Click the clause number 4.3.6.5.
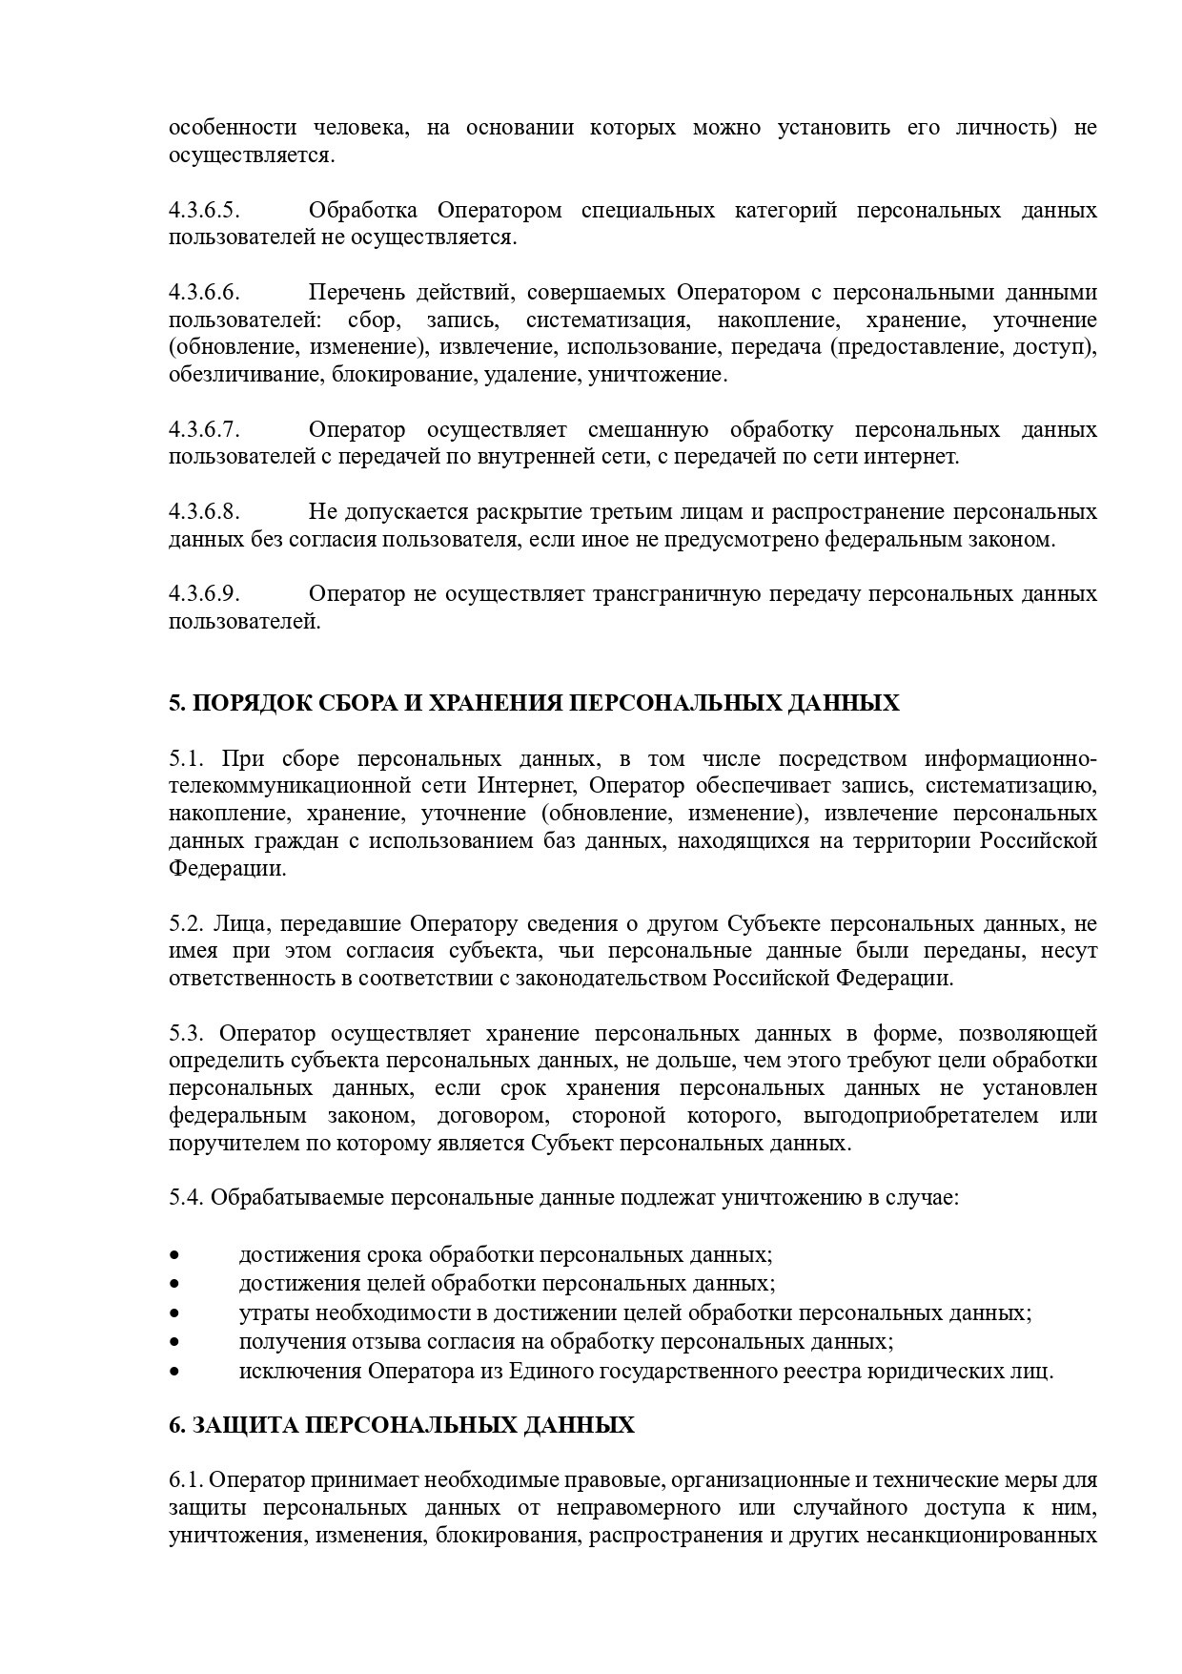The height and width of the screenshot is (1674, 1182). point(204,210)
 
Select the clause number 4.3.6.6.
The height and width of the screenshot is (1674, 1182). point(204,292)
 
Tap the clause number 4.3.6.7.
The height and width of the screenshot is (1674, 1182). point(204,429)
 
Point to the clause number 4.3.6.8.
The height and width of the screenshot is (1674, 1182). point(204,512)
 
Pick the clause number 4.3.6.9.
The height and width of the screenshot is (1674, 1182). point(204,594)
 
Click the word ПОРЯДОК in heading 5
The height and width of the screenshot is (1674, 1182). point(239,704)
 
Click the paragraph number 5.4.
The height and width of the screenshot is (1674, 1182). point(187,1197)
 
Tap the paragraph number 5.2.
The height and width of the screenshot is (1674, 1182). point(187,923)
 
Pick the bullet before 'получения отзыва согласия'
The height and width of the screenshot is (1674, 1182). point(174,1343)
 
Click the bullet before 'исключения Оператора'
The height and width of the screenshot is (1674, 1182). point(174,1373)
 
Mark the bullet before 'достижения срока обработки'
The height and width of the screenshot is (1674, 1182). point(174,1254)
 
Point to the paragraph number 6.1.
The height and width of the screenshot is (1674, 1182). point(186,1480)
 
